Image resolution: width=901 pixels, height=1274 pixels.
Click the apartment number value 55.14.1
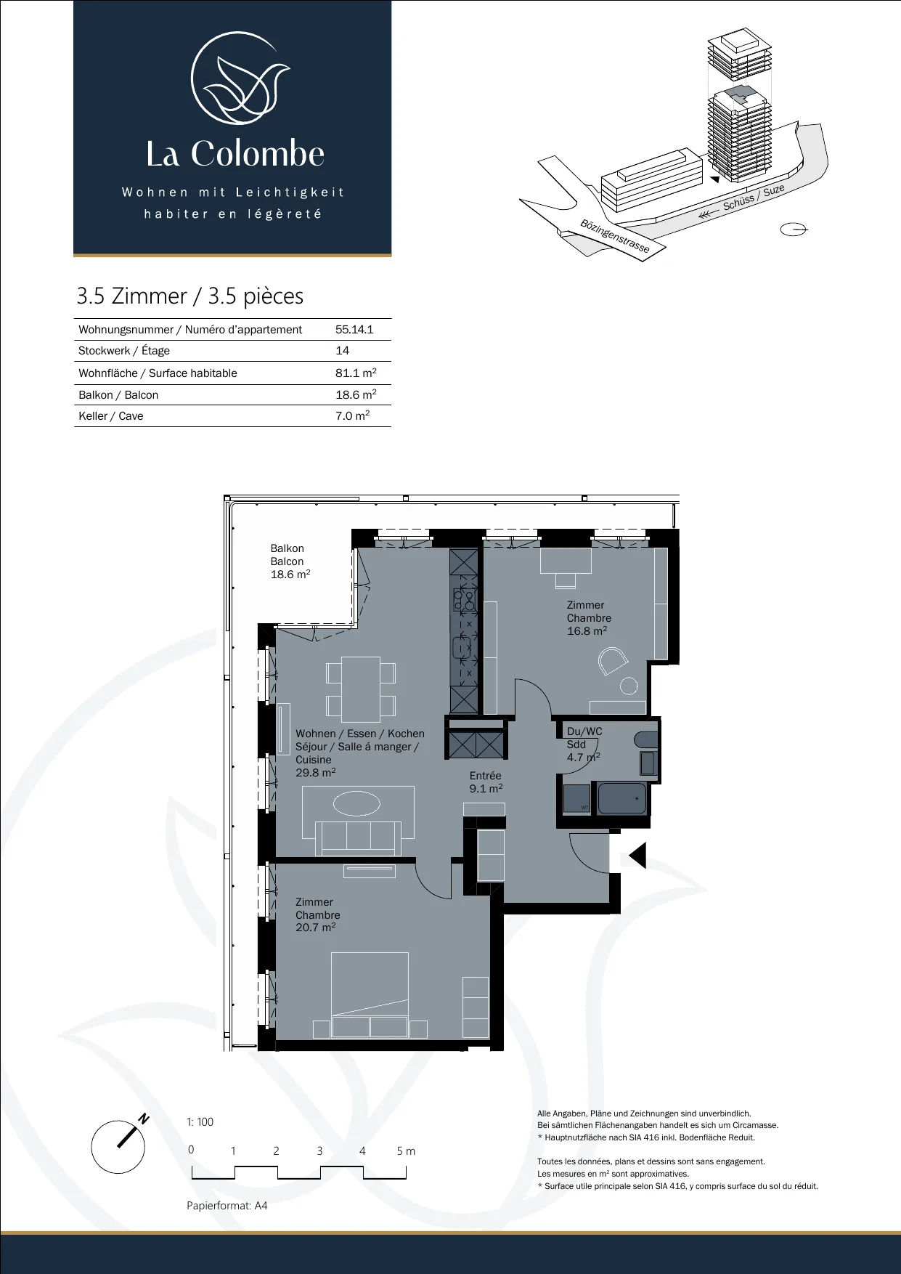(x=354, y=329)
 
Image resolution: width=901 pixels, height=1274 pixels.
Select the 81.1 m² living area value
(x=356, y=373)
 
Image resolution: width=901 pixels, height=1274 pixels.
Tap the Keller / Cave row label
(x=111, y=416)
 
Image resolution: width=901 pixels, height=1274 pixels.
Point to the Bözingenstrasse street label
(x=615, y=235)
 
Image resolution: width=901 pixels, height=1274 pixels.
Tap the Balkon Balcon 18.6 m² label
(x=290, y=561)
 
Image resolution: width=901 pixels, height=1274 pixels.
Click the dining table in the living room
(x=361, y=689)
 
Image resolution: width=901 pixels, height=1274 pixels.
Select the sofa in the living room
(x=359, y=838)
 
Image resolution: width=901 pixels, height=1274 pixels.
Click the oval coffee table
(x=356, y=804)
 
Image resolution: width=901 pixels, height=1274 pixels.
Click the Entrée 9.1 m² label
(x=486, y=782)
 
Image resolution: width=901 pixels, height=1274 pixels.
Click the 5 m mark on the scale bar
(x=406, y=1151)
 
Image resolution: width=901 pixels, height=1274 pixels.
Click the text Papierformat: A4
(x=227, y=1206)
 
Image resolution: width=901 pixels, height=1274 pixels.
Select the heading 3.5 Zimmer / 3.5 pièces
(x=190, y=296)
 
